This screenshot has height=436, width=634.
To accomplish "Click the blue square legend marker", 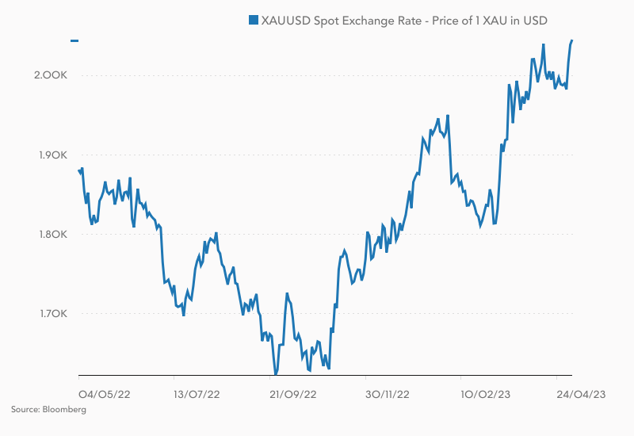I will [254, 21].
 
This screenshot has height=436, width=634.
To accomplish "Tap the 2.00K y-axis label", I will [52, 75].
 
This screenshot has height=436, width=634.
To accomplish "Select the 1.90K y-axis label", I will [52, 155].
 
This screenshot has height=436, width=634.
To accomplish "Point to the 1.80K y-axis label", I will [52, 235].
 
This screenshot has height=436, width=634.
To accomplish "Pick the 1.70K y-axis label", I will [52, 315].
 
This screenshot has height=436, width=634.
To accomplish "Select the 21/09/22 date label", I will [293, 393].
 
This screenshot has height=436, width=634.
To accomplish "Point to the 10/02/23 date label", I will [484, 393].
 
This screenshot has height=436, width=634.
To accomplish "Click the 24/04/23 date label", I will [580, 393].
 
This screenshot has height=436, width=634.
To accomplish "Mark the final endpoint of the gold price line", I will [572, 40].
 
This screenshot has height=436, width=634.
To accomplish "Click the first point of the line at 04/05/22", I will [79, 170].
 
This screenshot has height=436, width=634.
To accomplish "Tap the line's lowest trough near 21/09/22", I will [276, 373].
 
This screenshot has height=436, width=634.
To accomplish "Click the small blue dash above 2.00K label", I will [74, 40].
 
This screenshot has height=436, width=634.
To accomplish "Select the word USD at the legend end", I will [533, 21].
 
